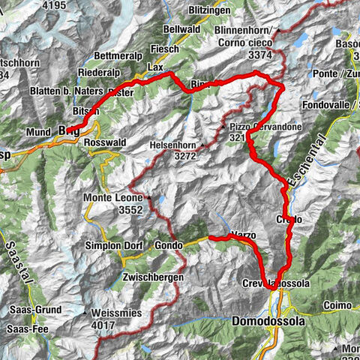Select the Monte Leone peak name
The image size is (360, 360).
click(112, 197)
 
